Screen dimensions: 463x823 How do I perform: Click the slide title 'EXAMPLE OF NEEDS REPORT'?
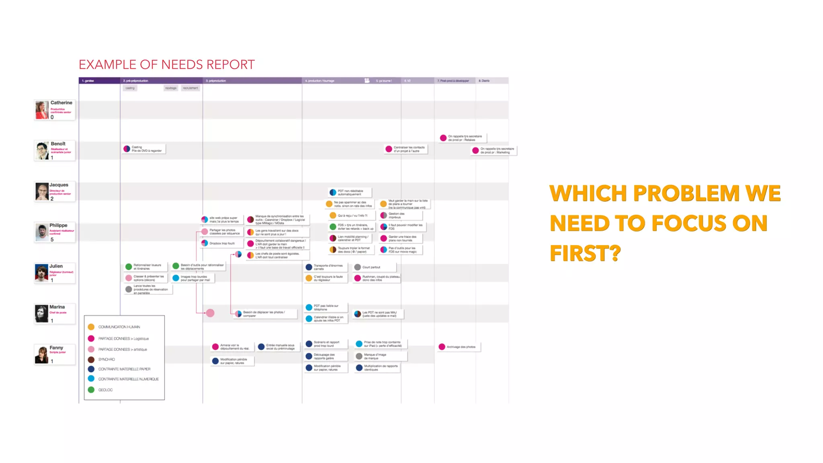pyautogui.click(x=166, y=65)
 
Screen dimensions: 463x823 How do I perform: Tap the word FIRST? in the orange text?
pyautogui.click(x=585, y=254)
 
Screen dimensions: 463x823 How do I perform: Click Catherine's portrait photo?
pyautogui.click(x=42, y=110)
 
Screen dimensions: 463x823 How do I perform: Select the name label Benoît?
pyautogui.click(x=58, y=144)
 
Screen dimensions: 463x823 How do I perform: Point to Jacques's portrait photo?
pyautogui.click(x=42, y=192)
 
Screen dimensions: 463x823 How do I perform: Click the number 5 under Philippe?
pyautogui.click(x=52, y=240)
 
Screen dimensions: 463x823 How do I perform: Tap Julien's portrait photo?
pyautogui.click(x=41, y=273)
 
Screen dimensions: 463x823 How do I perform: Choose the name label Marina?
pyautogui.click(x=57, y=307)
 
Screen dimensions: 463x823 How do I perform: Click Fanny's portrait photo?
pyautogui.click(x=41, y=354)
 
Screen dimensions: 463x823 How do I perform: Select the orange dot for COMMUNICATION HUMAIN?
pyautogui.click(x=91, y=327)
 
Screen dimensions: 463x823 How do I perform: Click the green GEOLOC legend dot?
pyautogui.click(x=91, y=390)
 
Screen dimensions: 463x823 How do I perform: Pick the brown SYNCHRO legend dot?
pyautogui.click(x=91, y=359)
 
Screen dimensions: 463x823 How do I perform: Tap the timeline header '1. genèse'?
pyautogui.click(x=88, y=81)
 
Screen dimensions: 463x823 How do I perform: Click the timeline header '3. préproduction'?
pyautogui.click(x=216, y=81)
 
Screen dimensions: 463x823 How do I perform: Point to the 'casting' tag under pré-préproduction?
pyautogui.click(x=130, y=88)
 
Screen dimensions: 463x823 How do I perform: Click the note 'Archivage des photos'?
pyautogui.click(x=461, y=347)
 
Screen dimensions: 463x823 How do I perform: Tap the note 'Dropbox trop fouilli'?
pyautogui.click(x=222, y=243)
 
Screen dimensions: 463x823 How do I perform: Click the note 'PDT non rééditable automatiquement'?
pyautogui.click(x=350, y=193)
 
